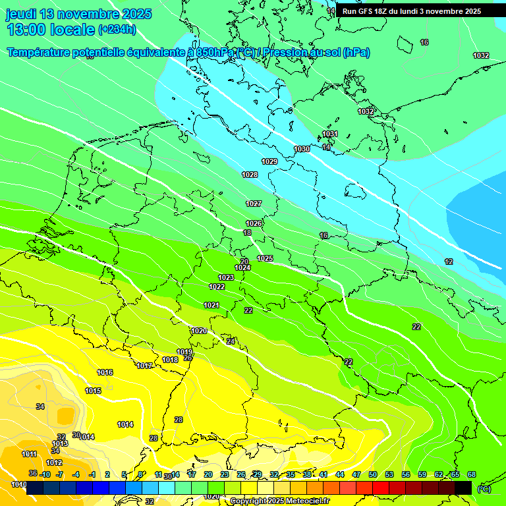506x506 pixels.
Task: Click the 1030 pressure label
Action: click(302, 150)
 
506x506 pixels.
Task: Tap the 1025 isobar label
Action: click(265, 258)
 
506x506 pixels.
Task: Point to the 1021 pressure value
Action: click(211, 305)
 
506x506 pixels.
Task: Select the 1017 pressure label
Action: click(144, 366)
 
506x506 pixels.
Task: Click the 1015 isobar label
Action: click(93, 391)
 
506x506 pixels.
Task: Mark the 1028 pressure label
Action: click(250, 175)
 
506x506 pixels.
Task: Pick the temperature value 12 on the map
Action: click(449, 262)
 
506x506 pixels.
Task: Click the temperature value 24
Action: click(230, 341)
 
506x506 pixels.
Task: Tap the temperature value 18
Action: click(247, 233)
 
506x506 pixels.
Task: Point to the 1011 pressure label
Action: click(29, 454)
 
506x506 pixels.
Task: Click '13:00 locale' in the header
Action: click(50, 29)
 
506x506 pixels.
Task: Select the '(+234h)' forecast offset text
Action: click(117, 29)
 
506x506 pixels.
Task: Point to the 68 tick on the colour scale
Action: click(472, 474)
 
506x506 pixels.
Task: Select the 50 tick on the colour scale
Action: click(373, 474)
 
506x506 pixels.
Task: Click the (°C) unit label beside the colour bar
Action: click(484, 488)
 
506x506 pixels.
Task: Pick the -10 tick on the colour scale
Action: click(45, 474)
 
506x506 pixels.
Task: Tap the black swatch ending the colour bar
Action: click(463, 488)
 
